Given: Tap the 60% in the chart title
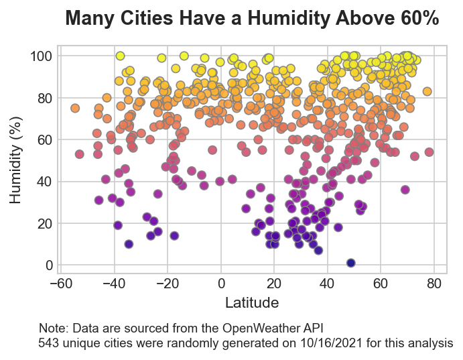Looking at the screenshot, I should coord(417,19).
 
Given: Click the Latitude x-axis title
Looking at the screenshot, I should coord(251,303).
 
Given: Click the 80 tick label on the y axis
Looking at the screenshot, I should coord(44,98).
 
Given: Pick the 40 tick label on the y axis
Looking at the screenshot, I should coord(44,182).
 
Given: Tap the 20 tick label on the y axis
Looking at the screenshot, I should coord(44,223).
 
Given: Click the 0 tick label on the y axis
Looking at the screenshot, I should coord(48,265).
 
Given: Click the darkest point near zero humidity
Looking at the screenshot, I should coord(350,263).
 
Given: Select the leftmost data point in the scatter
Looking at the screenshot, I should coord(75,108).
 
